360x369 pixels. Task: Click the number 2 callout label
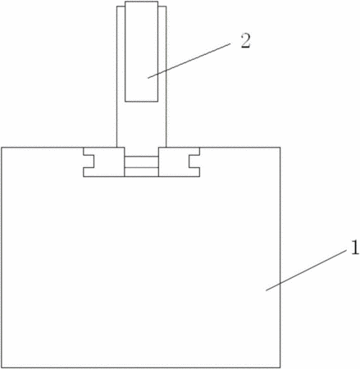(x=245, y=42)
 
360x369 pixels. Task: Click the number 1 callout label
(x=354, y=248)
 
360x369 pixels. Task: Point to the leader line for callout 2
(x=189, y=61)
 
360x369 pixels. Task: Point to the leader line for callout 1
(x=305, y=271)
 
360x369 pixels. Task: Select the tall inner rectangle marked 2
(x=141, y=52)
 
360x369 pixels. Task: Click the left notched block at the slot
(x=104, y=162)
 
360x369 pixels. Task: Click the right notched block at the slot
(x=179, y=162)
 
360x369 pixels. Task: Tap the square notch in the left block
(x=89, y=162)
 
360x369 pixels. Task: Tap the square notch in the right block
(x=194, y=162)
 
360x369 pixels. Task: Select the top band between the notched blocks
(x=142, y=152)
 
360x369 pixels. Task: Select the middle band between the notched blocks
(x=142, y=162)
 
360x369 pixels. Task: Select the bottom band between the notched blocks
(x=142, y=172)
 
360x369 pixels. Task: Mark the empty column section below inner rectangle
(x=141, y=125)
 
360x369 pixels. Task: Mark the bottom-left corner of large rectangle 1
(x=2, y=367)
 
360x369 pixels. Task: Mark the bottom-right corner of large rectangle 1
(x=280, y=367)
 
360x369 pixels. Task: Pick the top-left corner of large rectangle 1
(x=2, y=148)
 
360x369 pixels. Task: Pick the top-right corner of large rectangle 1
(x=280, y=148)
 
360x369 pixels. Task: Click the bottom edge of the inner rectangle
(x=141, y=102)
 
